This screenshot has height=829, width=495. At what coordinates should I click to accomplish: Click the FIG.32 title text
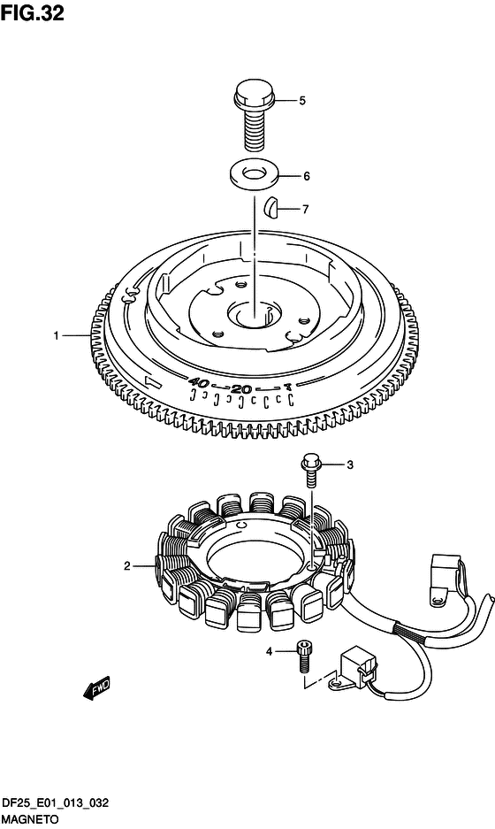tap(32, 13)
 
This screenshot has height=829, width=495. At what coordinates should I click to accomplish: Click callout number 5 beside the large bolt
tap(302, 101)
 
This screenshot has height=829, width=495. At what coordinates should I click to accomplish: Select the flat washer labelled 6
tap(254, 175)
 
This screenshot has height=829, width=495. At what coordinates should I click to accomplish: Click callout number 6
tap(307, 176)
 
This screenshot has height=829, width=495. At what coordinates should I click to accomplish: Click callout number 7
tap(305, 210)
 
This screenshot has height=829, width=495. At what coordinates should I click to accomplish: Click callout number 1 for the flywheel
tap(56, 335)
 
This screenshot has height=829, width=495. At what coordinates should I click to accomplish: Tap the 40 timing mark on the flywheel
tap(200, 382)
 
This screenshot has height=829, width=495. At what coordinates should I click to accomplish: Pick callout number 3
tap(350, 465)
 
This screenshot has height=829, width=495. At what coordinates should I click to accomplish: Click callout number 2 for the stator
tap(126, 566)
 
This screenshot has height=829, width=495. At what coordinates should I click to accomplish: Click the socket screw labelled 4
tap(304, 656)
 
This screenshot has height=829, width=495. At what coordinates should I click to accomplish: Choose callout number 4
tap(269, 652)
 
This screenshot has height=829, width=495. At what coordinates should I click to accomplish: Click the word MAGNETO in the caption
tap(29, 819)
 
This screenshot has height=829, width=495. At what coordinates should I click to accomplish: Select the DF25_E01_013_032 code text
tap(55, 803)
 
